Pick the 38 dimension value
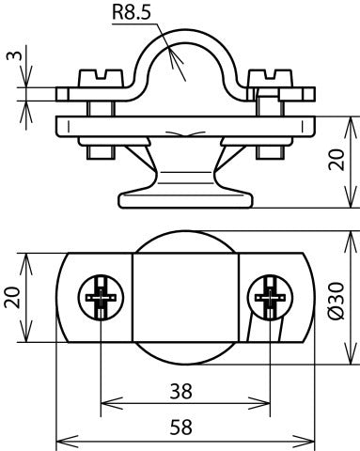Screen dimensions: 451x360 [186, 390]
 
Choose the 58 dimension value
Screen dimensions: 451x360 [186, 427]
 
